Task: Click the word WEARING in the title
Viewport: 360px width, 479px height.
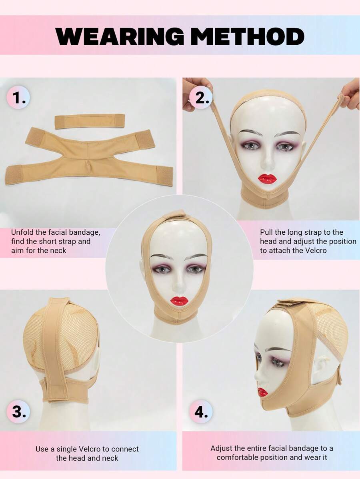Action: point(120,36)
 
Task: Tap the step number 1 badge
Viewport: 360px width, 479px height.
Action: point(18,98)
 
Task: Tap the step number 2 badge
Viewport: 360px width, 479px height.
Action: point(200,98)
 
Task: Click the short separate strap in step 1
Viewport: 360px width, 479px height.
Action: point(90,121)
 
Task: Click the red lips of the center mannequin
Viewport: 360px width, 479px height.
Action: point(179,301)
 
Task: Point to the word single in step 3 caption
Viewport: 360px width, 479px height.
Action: point(67,449)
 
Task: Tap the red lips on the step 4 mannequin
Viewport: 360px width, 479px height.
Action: point(262,392)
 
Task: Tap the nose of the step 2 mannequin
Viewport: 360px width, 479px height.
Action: point(267,162)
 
